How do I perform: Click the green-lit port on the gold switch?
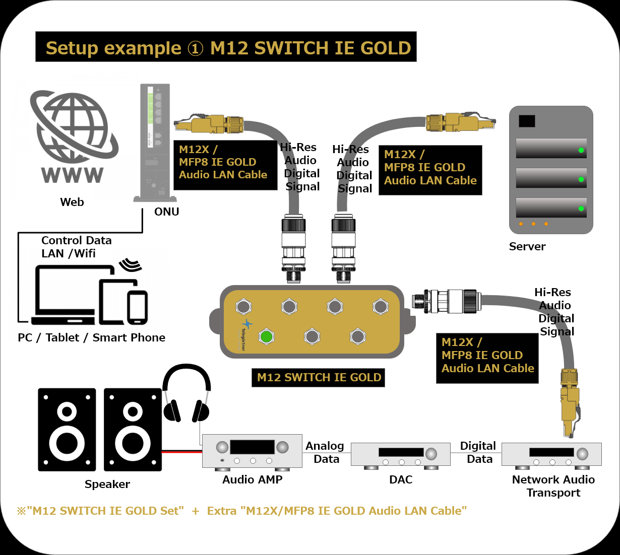(x=266, y=336)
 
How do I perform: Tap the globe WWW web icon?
(x=72, y=136)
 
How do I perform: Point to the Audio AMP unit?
(x=252, y=451)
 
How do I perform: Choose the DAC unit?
(x=401, y=454)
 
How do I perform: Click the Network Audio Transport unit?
(x=551, y=454)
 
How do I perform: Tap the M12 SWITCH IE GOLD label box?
(x=319, y=378)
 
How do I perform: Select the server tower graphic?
(x=551, y=170)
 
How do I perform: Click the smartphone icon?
(x=137, y=307)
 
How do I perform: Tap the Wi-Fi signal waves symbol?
(x=131, y=264)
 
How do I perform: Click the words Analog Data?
(x=325, y=452)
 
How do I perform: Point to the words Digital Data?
(x=478, y=452)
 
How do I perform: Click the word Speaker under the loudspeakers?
(x=107, y=484)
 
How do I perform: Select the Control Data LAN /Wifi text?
(x=76, y=247)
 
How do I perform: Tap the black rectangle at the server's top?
(x=527, y=121)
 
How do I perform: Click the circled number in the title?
(x=195, y=48)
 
